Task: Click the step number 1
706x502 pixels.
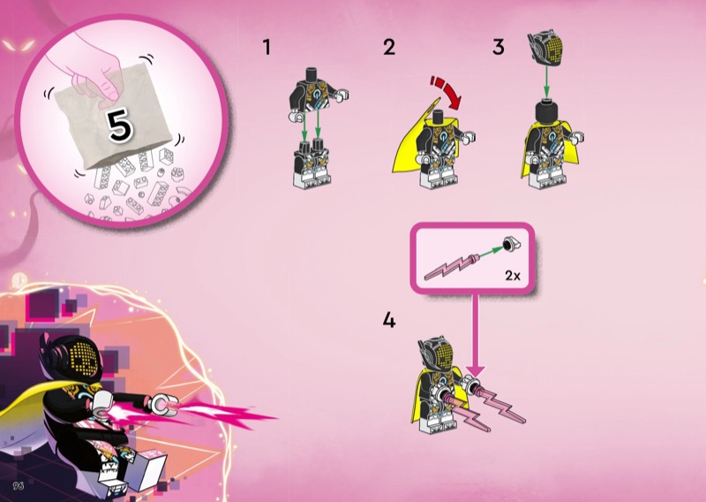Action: point(267,48)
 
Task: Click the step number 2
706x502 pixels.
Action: point(389,48)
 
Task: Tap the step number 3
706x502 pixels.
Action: point(498,48)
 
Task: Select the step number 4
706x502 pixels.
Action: point(389,320)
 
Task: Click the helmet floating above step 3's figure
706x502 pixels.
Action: point(545,49)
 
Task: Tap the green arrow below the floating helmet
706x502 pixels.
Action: point(545,82)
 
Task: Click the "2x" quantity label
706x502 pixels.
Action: point(513,275)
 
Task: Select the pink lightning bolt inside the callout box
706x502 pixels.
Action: point(451,267)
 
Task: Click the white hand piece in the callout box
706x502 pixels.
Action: point(512,244)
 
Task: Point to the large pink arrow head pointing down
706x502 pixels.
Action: point(476,370)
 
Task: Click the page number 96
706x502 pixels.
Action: point(19,485)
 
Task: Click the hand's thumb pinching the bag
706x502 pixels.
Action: point(109,89)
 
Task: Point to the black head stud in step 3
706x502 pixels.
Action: point(546,112)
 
